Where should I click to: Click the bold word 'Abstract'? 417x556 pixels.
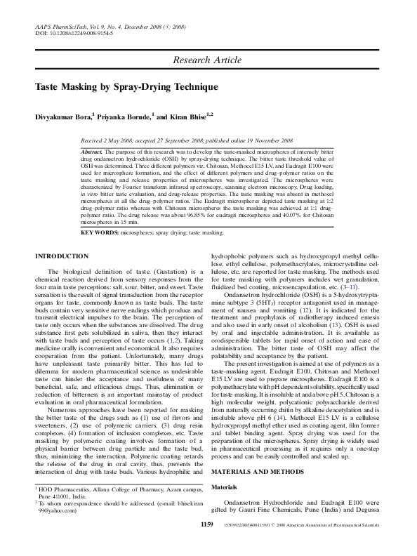[x=93, y=152]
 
